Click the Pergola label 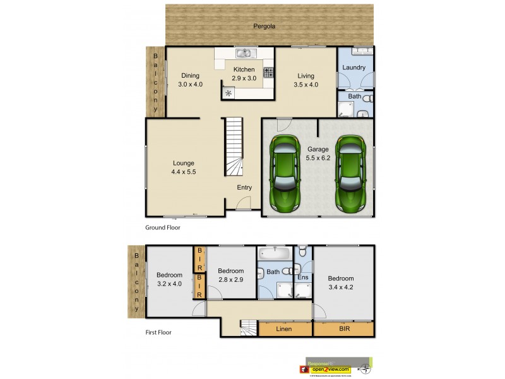tap(264, 26)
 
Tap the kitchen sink tap(244, 53)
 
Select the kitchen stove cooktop tap(268, 72)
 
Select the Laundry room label tap(354, 67)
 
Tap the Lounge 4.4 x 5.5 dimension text tap(184, 171)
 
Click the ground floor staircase tap(234, 148)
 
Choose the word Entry tap(244, 187)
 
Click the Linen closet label tap(283, 329)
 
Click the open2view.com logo tap(330, 368)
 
